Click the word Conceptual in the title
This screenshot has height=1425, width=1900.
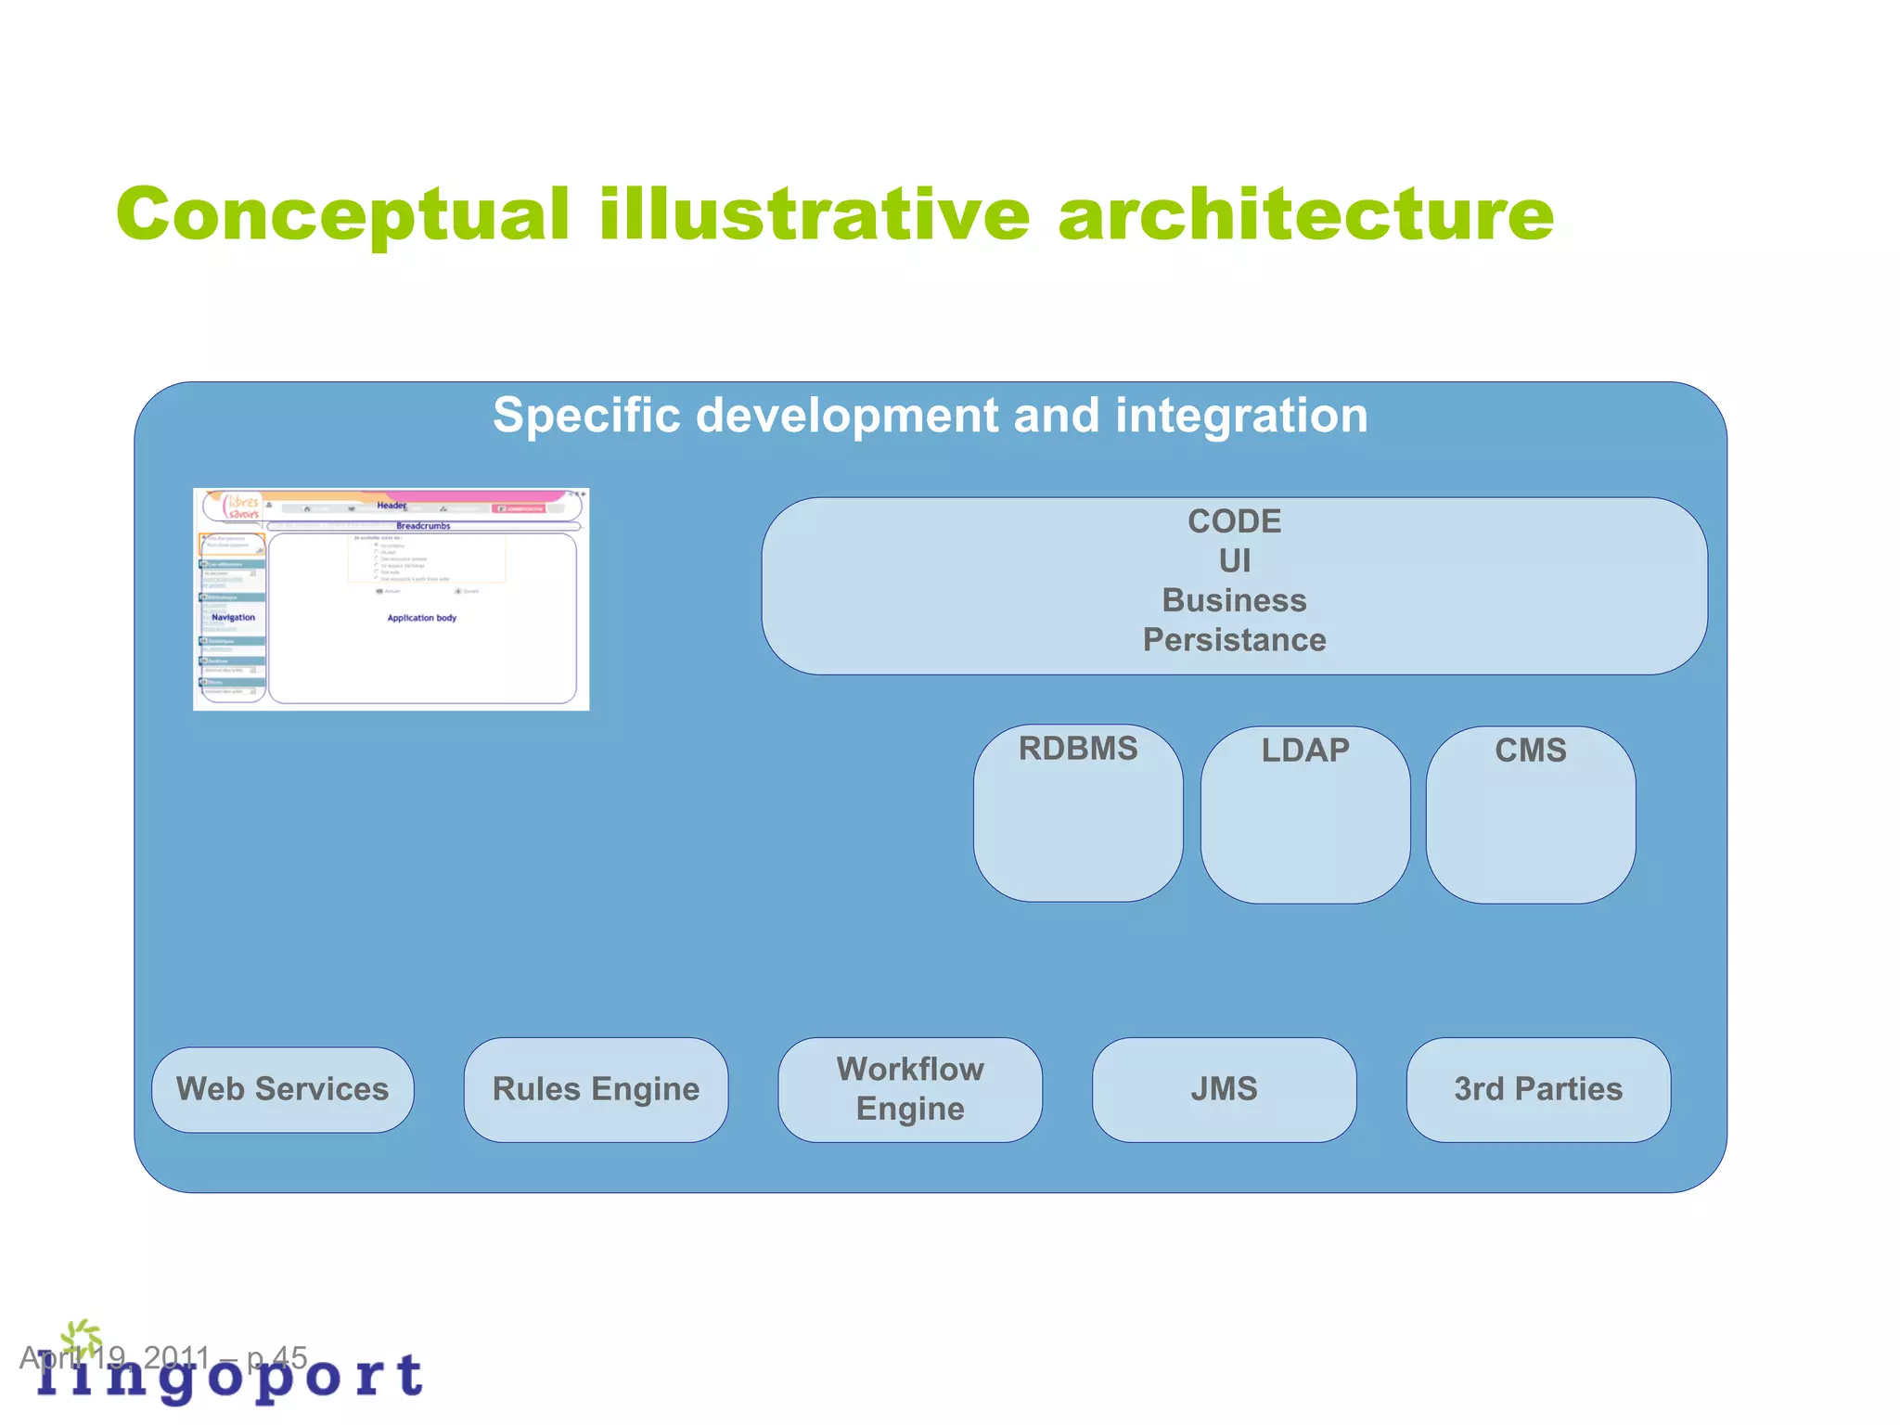coord(342,215)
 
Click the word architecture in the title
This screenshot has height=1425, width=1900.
coord(1305,215)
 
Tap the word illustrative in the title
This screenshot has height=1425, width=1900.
coord(814,215)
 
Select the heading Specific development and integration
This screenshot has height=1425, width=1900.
coord(930,415)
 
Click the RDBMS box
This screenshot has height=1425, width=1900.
coord(1078,813)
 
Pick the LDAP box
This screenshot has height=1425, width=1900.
coord(1304,815)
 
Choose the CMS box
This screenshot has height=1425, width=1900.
coord(1530,815)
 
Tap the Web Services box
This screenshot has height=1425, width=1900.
coord(282,1089)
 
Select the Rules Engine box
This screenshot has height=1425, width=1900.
coord(596,1089)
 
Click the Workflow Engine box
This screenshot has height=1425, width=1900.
coord(910,1089)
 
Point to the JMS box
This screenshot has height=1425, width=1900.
coord(1224,1089)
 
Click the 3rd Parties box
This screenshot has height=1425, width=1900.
coord(1537,1089)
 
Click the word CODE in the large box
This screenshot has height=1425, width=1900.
coord(1234,521)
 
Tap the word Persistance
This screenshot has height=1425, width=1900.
coord(1234,640)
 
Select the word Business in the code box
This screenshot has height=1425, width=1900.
coord(1234,600)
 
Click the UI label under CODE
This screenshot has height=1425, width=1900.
coord(1234,561)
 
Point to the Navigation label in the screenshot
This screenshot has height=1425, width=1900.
coord(233,617)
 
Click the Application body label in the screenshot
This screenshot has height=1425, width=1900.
coord(421,618)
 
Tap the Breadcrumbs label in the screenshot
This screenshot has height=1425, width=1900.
coord(423,526)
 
